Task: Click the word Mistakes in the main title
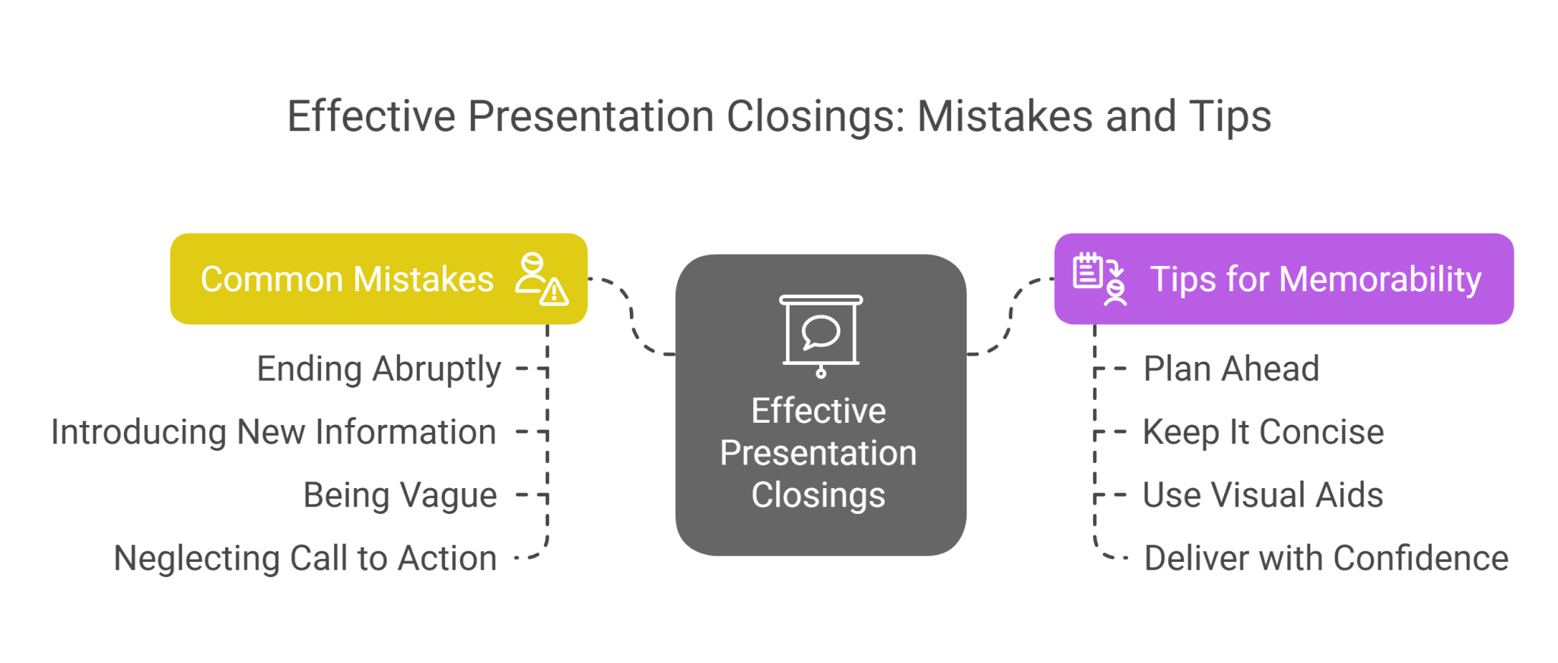pos(1005,117)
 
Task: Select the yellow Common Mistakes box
pos(379,279)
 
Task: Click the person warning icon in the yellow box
pos(541,279)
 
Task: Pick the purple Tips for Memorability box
pos(1283,279)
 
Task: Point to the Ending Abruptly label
pos(378,370)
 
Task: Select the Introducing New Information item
pos(273,433)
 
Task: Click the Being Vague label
pos(400,496)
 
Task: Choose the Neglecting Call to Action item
pos(304,559)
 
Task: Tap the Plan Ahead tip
pos(1231,370)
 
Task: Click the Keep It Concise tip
pos(1263,433)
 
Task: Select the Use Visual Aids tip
pos(1263,496)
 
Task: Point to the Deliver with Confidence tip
pos(1326,559)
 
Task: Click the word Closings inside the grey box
pos(819,495)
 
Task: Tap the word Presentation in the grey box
pos(819,453)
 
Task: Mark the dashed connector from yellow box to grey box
pos(632,316)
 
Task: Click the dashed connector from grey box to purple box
pos(1011,316)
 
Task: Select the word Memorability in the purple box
pos(1380,279)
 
